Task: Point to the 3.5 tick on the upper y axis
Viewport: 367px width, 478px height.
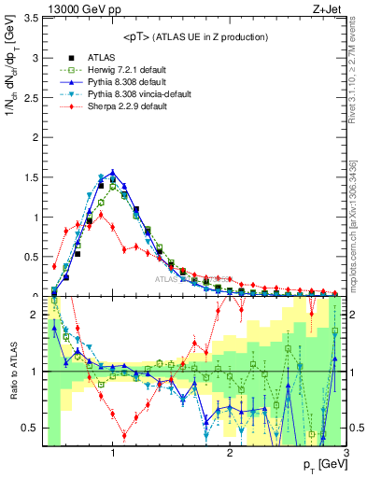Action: (x=32, y=18)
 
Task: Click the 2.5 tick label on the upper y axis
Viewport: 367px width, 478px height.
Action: (x=32, y=97)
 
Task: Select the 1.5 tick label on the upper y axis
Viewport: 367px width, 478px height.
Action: (x=32, y=176)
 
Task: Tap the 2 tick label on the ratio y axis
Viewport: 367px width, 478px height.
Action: (x=35, y=315)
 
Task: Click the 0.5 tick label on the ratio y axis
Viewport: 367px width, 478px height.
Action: (x=32, y=429)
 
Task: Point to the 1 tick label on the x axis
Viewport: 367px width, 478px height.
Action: (x=113, y=454)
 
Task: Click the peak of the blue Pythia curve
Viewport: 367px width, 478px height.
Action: (x=113, y=172)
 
